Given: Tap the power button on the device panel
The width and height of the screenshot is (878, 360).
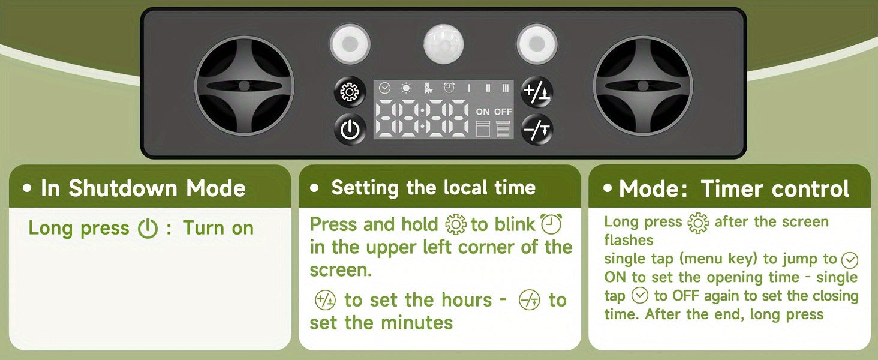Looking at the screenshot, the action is click(350, 130).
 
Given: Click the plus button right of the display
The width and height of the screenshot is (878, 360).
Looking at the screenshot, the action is click(537, 92).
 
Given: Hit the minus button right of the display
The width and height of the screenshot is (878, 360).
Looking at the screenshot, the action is click(537, 130).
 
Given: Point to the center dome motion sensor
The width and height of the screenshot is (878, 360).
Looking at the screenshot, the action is click(444, 44).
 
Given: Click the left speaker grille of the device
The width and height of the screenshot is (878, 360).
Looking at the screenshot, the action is click(244, 86).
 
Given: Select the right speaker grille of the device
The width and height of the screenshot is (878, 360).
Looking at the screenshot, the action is click(643, 86).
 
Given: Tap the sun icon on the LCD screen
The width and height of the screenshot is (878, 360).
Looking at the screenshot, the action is click(406, 89).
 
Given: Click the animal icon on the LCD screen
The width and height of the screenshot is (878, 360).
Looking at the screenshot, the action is click(428, 88).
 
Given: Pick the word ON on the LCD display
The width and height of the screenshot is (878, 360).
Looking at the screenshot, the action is click(483, 112).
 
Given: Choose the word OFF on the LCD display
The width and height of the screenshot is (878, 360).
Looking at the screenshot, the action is click(503, 112).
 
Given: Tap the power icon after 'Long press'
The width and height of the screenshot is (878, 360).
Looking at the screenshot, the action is click(148, 228).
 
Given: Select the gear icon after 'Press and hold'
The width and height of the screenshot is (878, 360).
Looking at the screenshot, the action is click(456, 224).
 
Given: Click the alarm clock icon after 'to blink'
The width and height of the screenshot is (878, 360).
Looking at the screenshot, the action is click(551, 224).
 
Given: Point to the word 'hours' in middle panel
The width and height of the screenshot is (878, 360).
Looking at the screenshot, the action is click(467, 300).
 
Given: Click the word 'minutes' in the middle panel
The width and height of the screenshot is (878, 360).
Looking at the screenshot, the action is click(417, 323).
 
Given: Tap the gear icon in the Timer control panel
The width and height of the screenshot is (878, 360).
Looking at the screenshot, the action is click(698, 223).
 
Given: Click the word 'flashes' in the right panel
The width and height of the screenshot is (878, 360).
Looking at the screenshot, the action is click(629, 239).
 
